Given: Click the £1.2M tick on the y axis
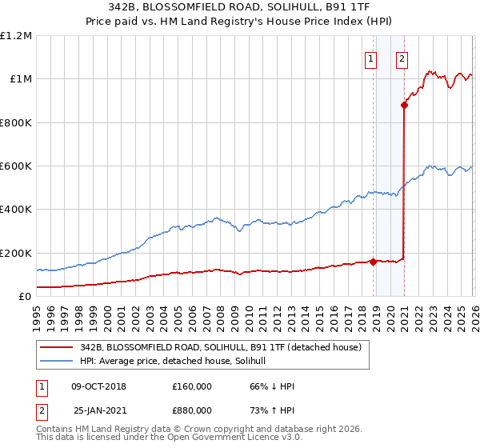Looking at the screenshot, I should tap(16, 35).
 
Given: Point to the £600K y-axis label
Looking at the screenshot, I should tap(16, 166).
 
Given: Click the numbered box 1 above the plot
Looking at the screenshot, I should tap(372, 58).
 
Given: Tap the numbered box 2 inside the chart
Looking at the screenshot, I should tap(401, 58).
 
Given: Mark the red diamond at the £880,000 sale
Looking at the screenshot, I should tap(405, 105).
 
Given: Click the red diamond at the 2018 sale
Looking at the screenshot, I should tap(374, 261).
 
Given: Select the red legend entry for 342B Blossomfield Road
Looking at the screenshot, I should tap(221, 347).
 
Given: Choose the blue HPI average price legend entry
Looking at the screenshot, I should tap(177, 362).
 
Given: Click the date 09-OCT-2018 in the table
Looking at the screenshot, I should tap(98, 386).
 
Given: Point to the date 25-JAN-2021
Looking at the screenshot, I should tap(99, 410).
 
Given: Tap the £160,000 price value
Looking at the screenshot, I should tap(191, 386).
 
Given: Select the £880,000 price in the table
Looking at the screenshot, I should tap(191, 410).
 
